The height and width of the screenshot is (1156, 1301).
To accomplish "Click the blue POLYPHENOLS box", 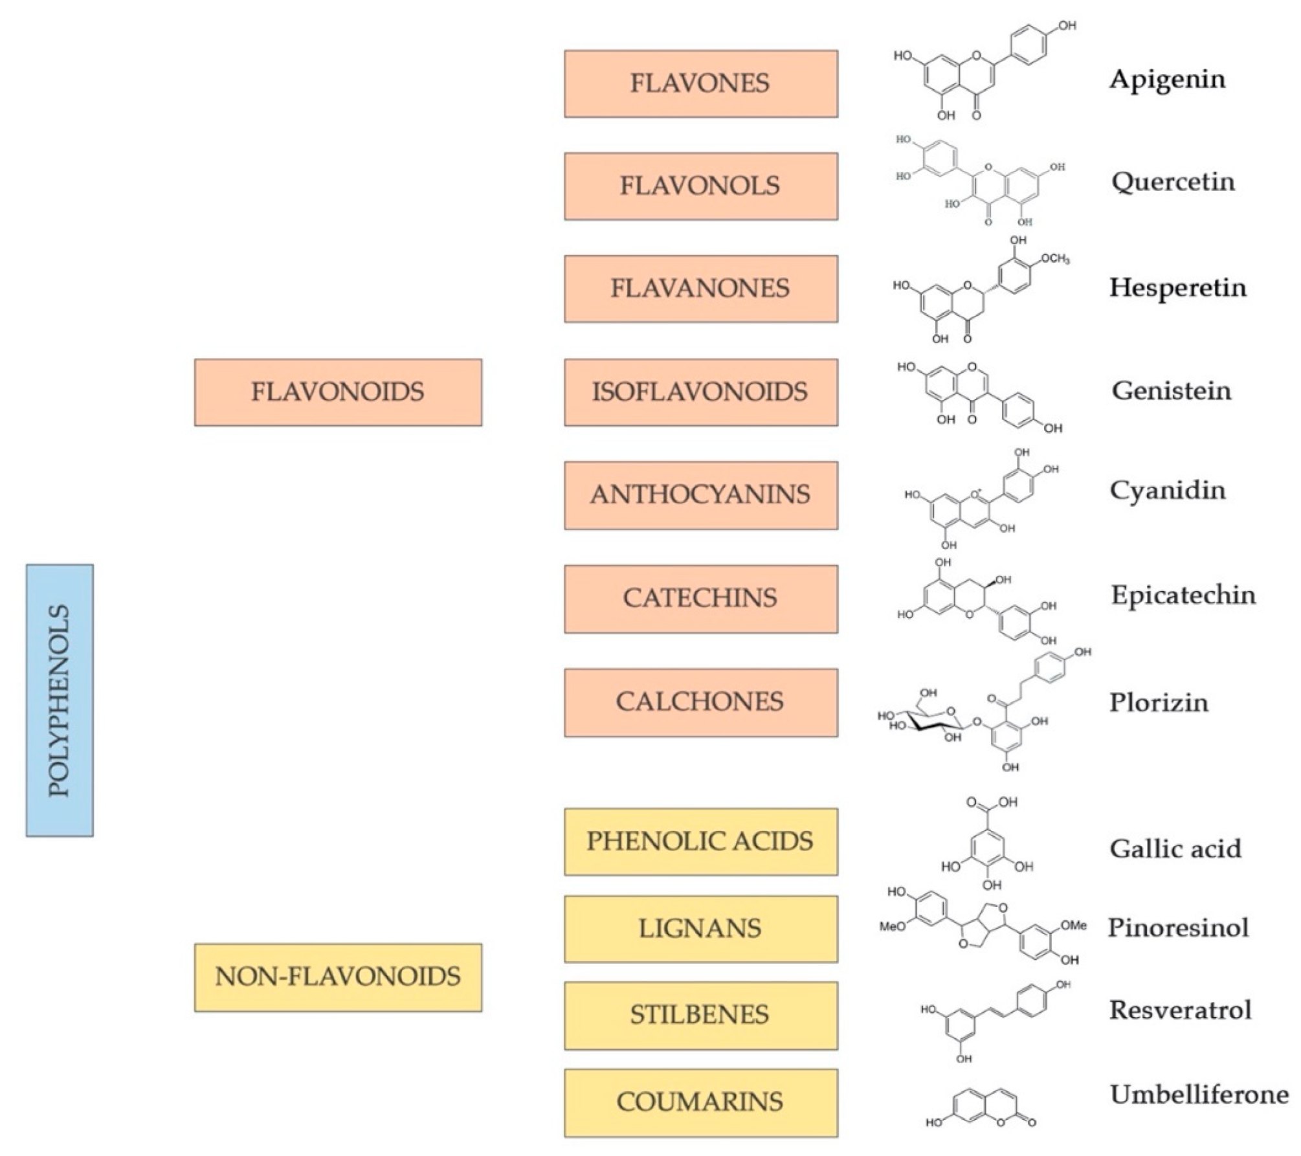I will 60,700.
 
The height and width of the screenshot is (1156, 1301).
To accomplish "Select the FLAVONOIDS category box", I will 338,392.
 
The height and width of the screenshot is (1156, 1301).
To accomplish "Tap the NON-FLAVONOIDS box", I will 338,977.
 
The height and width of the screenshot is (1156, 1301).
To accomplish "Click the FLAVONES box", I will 700,83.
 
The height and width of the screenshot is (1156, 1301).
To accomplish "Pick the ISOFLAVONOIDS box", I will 700,392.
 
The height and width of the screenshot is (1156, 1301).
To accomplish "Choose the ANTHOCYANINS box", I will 700,495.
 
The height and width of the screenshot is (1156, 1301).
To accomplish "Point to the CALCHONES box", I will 700,702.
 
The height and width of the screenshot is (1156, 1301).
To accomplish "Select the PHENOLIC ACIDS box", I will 700,841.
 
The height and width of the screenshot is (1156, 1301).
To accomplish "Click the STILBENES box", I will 700,1015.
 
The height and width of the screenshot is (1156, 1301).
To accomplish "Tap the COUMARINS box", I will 700,1102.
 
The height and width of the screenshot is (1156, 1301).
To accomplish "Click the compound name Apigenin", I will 1168,80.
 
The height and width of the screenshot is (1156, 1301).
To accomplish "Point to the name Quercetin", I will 1173,182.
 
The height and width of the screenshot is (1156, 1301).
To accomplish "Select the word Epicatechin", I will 1183,595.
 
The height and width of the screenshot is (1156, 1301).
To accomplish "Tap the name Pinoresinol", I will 1178,928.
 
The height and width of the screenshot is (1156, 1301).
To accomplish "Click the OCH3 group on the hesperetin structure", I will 1054,259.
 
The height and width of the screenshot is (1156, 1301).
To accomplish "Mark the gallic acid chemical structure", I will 987,845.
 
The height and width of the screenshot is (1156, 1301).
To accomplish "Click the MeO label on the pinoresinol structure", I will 892,927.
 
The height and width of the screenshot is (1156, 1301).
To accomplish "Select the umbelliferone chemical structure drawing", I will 984,1109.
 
